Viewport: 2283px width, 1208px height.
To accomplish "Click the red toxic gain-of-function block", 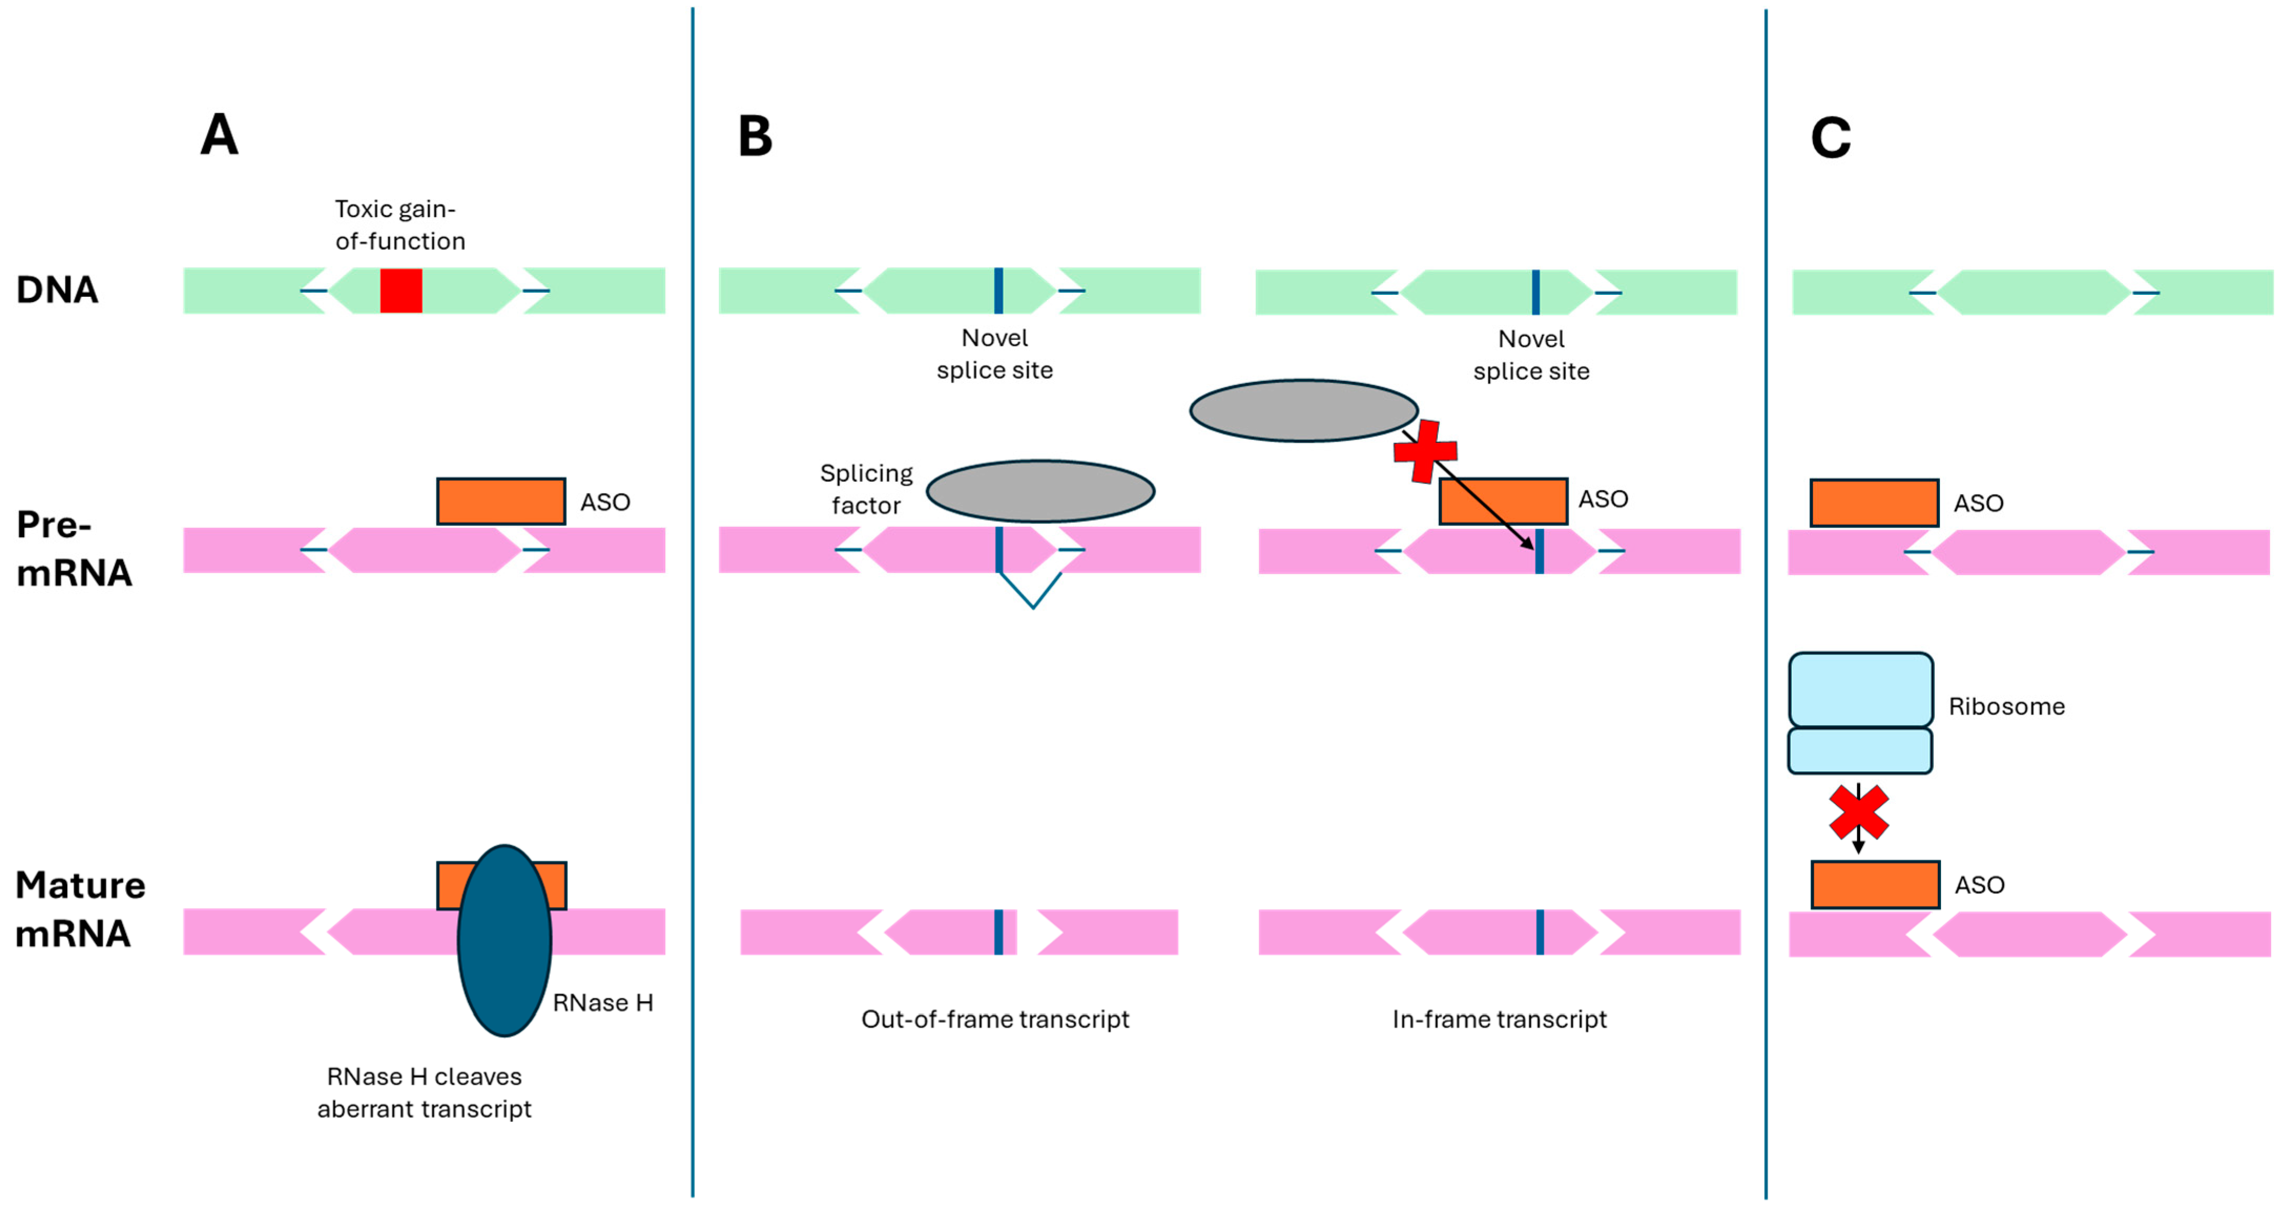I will [x=401, y=291].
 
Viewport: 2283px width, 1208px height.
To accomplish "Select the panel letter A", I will [x=219, y=136].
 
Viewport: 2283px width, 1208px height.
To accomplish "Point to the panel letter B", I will [x=755, y=137].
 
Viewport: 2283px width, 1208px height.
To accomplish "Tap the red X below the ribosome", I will [x=1859, y=812].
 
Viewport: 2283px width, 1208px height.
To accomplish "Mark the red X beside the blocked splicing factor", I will [x=1424, y=452].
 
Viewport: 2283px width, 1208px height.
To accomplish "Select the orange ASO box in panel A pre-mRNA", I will [x=501, y=502].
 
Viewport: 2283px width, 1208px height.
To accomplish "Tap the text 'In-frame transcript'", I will [x=1499, y=1019].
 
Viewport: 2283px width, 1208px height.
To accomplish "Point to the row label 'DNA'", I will [x=57, y=290].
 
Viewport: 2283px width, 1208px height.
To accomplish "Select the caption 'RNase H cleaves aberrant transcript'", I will [x=424, y=1093].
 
